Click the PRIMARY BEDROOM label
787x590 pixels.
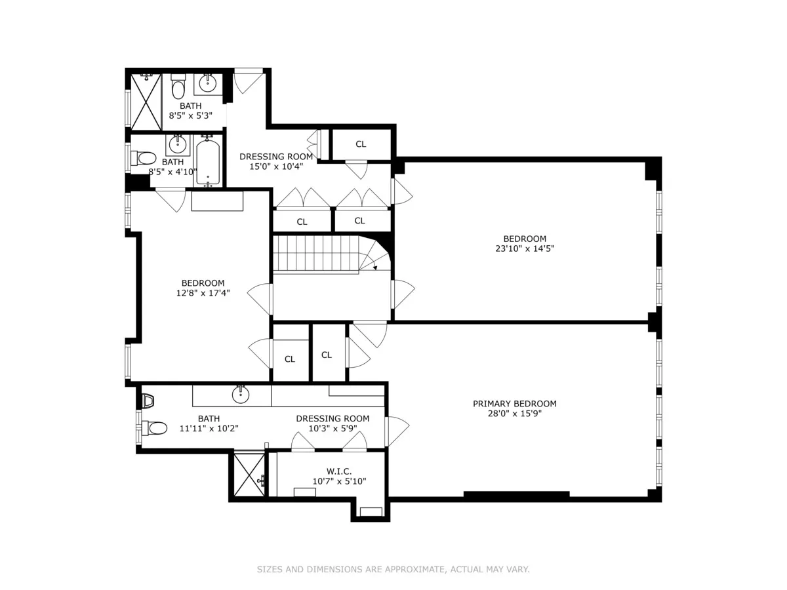(x=514, y=404)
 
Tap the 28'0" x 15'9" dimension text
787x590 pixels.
(x=514, y=414)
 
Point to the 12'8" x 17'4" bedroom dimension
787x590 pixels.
(x=203, y=293)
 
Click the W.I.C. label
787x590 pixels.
(x=339, y=471)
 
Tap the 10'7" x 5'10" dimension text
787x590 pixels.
(x=339, y=481)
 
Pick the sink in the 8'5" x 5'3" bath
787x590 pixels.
(x=208, y=83)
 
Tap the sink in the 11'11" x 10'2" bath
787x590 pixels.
(x=241, y=393)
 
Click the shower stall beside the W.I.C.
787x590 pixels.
(x=249, y=475)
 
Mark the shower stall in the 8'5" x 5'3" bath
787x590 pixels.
(x=146, y=102)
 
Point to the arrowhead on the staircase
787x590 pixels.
(x=374, y=267)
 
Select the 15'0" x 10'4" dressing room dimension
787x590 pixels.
(x=276, y=167)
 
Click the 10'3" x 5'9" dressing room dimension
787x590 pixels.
(x=333, y=429)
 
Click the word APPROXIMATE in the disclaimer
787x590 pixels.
(x=413, y=570)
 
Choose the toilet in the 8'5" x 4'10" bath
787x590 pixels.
(x=145, y=158)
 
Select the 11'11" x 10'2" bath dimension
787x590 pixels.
(x=209, y=429)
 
